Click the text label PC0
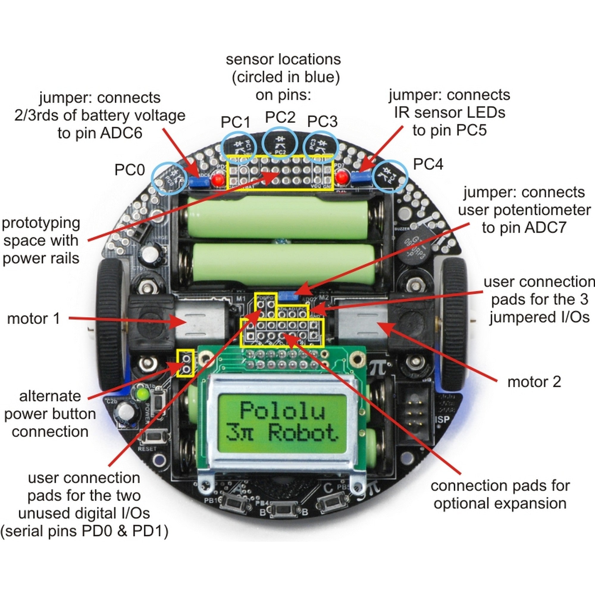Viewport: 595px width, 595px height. (129, 170)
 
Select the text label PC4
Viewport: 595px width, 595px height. (428, 164)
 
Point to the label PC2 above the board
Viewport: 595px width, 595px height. (280, 117)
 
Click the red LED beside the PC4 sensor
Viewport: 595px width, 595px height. (341, 177)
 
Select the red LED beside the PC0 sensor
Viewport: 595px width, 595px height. (218, 180)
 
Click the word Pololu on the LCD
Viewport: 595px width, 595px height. (282, 410)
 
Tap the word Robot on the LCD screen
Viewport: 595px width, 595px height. (303, 432)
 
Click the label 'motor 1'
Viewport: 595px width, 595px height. (34, 318)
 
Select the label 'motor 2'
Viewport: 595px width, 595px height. (534, 382)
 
